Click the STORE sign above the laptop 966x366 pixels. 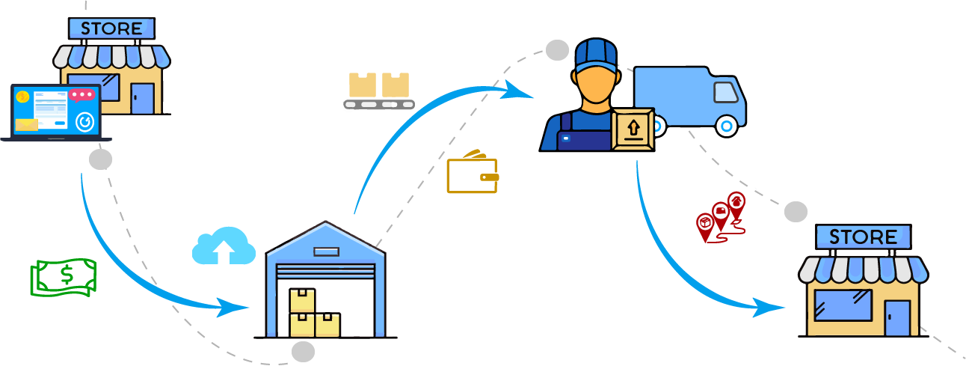(111, 29)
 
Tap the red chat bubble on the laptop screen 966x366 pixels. (82, 95)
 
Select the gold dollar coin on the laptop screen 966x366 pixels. (23, 97)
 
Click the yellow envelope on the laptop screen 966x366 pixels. (27, 124)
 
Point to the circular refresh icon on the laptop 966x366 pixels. (85, 121)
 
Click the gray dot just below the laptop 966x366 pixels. (100, 159)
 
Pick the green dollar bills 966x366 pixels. (64, 277)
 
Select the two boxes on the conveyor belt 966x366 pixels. (379, 85)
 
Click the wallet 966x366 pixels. (472, 175)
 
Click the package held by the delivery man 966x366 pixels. (633, 129)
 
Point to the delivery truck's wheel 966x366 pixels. (726, 125)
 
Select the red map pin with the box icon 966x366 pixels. (704, 223)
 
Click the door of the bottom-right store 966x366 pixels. (897, 317)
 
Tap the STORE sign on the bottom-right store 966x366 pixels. (864, 237)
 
